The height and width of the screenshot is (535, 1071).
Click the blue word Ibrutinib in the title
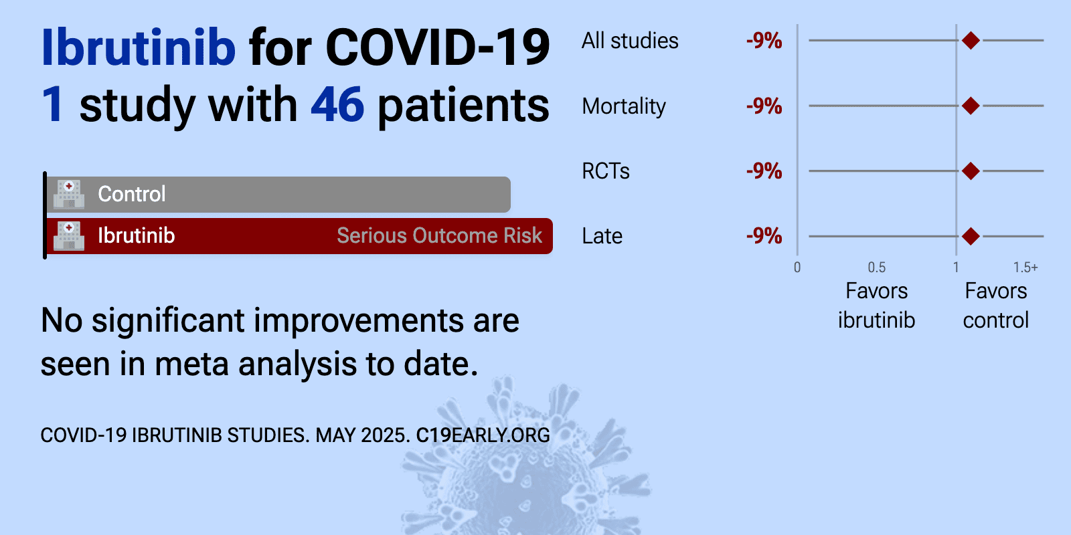(x=139, y=47)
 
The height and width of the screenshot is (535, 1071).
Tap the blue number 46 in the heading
(x=337, y=104)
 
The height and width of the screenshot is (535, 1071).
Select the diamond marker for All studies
(x=971, y=41)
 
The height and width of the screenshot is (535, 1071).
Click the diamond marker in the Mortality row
(x=971, y=106)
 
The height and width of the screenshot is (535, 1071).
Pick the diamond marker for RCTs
(x=971, y=171)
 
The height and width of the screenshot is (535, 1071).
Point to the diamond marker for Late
(x=971, y=236)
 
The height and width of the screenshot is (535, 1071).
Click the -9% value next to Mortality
(x=764, y=106)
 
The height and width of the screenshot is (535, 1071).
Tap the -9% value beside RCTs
(x=764, y=171)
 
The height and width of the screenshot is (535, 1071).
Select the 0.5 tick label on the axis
(x=877, y=267)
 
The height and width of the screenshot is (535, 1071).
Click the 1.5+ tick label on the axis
(x=1025, y=267)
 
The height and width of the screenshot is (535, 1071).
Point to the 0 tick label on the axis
(x=797, y=267)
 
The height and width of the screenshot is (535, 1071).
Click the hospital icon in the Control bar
(x=69, y=195)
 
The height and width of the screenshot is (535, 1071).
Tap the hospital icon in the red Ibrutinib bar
(x=69, y=236)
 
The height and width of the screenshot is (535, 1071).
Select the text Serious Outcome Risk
(x=439, y=235)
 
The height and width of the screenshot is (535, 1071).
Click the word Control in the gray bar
(x=131, y=194)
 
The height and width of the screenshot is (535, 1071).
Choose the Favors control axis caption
(x=996, y=305)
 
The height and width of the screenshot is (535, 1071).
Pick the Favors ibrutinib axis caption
(x=876, y=305)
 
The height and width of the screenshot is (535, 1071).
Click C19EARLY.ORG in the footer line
(x=483, y=435)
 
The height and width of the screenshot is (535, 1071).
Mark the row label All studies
(x=630, y=41)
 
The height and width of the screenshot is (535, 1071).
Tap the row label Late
(x=602, y=236)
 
